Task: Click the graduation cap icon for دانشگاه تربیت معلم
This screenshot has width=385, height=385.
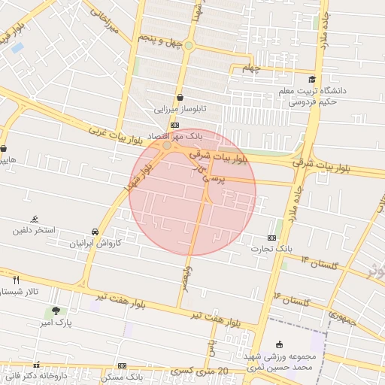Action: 311,79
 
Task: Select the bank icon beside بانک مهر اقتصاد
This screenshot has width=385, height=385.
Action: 174,125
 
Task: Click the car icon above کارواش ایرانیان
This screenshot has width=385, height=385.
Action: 95,232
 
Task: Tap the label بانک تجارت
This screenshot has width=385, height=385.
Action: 273,248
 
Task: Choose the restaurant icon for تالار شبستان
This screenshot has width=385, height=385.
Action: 17,279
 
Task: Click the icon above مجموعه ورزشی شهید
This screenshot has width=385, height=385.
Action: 280,344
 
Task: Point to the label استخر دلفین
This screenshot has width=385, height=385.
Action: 34,229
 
